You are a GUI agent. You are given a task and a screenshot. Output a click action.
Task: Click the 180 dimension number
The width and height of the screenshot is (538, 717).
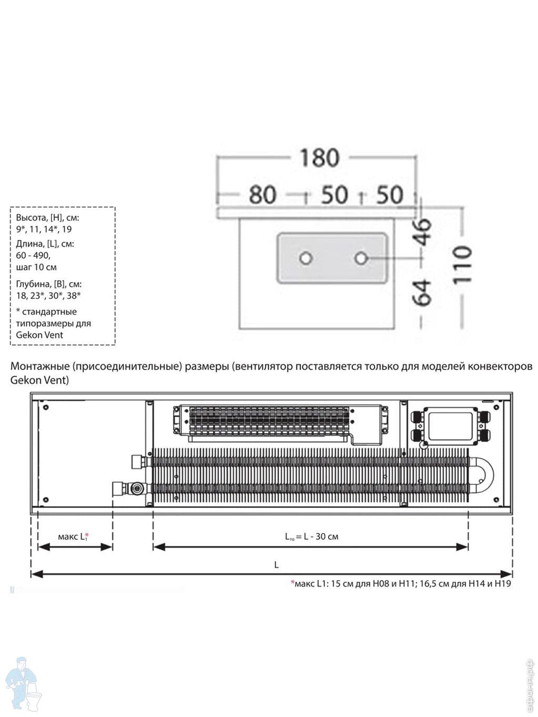(x=319, y=158)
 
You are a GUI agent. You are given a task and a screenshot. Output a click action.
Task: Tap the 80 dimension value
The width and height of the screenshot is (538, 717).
(x=262, y=194)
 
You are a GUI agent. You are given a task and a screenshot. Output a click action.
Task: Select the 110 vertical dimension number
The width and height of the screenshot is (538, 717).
(x=462, y=265)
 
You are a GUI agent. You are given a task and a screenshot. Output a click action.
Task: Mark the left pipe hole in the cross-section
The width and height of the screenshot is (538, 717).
(x=306, y=258)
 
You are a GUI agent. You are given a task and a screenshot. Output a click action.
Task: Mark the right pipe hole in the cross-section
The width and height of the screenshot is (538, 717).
(x=361, y=258)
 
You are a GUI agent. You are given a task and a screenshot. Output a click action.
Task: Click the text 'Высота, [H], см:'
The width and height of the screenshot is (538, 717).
(x=47, y=218)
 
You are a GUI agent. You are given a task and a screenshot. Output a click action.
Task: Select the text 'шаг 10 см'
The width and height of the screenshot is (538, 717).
(x=36, y=267)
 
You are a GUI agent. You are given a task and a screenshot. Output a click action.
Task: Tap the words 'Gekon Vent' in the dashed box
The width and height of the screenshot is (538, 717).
(x=39, y=335)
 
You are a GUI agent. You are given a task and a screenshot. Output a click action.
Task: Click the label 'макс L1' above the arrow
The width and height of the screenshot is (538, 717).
(x=73, y=536)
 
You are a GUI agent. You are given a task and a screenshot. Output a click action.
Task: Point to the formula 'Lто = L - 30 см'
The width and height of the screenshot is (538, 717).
(x=311, y=537)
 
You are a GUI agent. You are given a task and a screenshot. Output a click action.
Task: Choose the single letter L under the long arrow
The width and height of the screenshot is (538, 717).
(x=276, y=565)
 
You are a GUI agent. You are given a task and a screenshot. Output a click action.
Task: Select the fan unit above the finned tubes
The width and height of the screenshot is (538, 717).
(x=281, y=421)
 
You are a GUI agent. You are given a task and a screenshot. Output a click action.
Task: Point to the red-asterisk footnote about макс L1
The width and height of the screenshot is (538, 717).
(x=401, y=583)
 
